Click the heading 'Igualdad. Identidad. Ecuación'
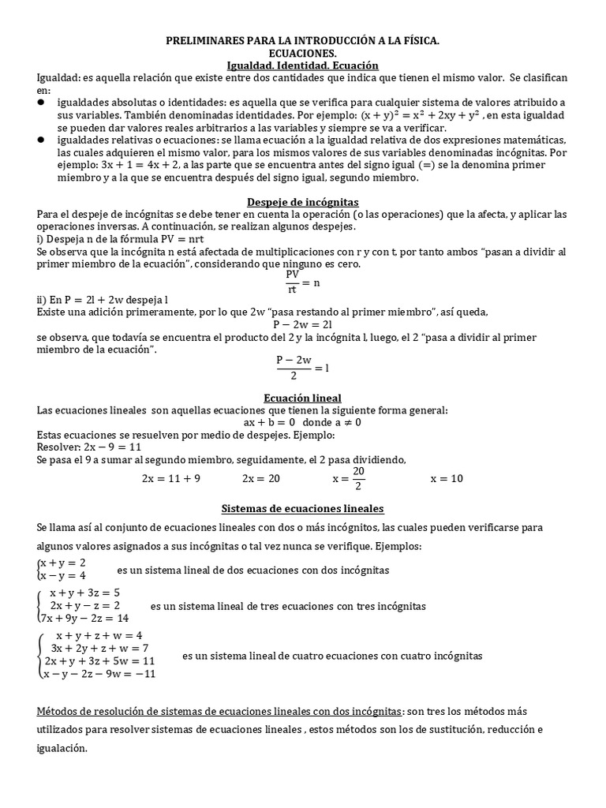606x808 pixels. click(303, 65)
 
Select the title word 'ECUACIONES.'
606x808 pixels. click(303, 52)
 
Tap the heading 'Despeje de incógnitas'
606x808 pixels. click(303, 202)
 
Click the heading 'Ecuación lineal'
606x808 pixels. click(303, 398)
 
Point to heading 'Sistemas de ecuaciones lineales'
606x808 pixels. click(303, 508)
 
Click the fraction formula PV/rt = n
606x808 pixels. click(302, 282)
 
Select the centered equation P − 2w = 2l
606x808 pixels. click(303, 324)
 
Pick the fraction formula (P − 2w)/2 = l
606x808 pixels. click(302, 368)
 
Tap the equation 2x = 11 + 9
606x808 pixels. click(171, 478)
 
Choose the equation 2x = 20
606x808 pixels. click(261, 478)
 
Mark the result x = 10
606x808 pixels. click(447, 478)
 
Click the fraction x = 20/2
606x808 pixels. click(350, 478)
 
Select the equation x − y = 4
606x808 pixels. click(62, 575)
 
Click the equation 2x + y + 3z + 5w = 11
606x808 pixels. click(99, 660)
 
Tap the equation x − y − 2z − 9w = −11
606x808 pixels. click(99, 674)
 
